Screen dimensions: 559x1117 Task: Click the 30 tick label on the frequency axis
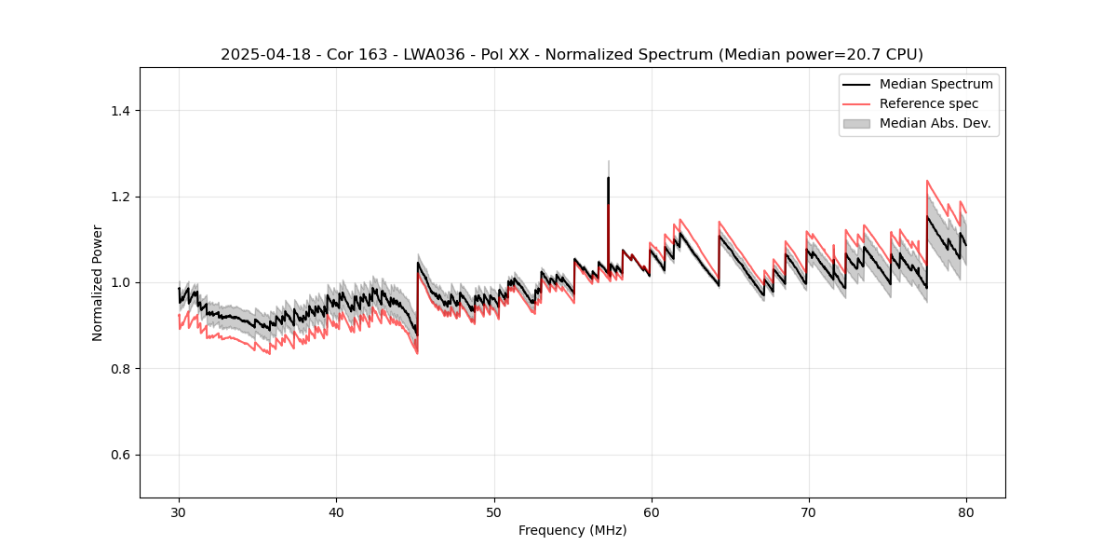[x=180, y=512]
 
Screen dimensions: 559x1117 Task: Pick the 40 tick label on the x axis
[x=337, y=512]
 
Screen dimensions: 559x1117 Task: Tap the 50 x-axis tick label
[x=494, y=512]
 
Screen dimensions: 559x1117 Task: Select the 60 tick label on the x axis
[x=652, y=512]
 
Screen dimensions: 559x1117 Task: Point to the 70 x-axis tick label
[x=809, y=512]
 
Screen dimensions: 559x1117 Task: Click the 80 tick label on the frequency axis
[x=966, y=512]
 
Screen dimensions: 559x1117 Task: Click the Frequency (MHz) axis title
[x=572, y=530]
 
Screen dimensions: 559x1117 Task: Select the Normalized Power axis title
[x=98, y=282]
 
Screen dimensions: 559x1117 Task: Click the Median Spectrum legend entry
[x=935, y=84]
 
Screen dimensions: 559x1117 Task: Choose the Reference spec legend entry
[x=928, y=103]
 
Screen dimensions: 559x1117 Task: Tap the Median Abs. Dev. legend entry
[x=935, y=123]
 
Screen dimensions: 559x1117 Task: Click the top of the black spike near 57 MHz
[x=608, y=178]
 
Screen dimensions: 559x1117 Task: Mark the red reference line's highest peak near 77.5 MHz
[x=927, y=181]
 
